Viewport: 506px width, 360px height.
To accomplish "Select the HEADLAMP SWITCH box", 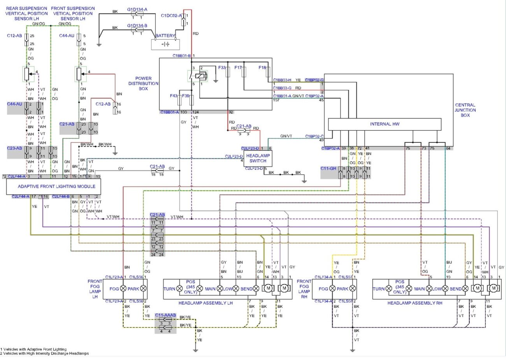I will (258, 158).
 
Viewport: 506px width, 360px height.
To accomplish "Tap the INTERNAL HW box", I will (385, 124).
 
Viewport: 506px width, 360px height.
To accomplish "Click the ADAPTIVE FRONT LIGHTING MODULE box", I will (56, 186).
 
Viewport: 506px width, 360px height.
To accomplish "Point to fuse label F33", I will (221, 68).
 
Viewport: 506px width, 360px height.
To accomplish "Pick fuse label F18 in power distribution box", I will (262, 68).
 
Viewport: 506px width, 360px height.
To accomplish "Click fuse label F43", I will (174, 96).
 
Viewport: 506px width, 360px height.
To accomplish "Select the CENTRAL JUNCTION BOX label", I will (465, 110).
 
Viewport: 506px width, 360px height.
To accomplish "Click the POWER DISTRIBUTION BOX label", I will (143, 83).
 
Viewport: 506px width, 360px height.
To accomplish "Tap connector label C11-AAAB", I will (165, 315).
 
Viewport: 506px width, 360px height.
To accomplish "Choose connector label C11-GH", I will (328, 169).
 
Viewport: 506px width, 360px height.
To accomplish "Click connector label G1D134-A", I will (137, 9).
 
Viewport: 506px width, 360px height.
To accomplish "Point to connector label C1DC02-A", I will (171, 16).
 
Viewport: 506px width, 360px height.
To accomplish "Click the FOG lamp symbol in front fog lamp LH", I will (123, 289).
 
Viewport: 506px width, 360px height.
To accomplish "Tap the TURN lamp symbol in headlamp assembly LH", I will (179, 289).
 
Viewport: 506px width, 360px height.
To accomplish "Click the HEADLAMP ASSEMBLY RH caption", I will (415, 303).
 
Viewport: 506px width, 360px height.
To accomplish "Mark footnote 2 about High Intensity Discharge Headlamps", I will (44, 353).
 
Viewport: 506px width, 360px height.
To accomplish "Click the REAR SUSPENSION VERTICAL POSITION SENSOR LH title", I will (26, 13).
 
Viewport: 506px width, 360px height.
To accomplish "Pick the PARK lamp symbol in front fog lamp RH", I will (353, 289).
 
